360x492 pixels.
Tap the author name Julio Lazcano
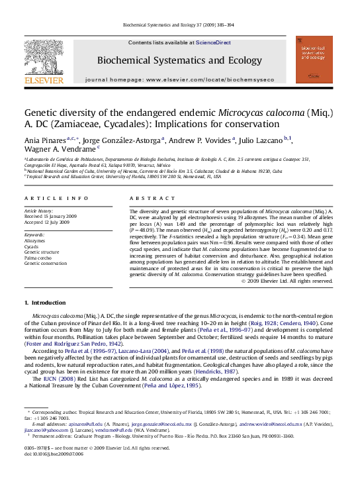coord(244,140)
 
